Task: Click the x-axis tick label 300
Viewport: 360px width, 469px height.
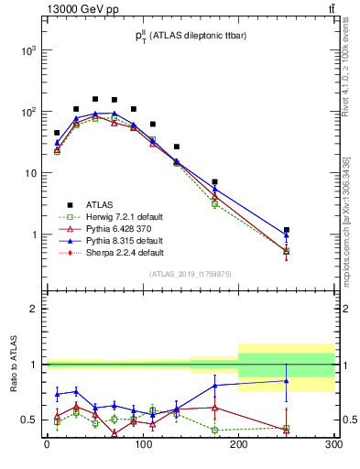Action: (333, 446)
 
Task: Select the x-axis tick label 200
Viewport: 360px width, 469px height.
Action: (238, 446)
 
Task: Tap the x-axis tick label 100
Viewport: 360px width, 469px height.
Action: (142, 446)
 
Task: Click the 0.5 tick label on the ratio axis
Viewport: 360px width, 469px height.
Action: (28, 420)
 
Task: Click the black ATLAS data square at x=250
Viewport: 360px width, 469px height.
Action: (287, 230)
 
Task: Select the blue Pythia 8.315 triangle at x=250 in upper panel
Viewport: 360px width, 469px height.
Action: (287, 234)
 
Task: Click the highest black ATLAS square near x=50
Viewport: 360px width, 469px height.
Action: (95, 99)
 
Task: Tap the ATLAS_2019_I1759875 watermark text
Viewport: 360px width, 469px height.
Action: (189, 273)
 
